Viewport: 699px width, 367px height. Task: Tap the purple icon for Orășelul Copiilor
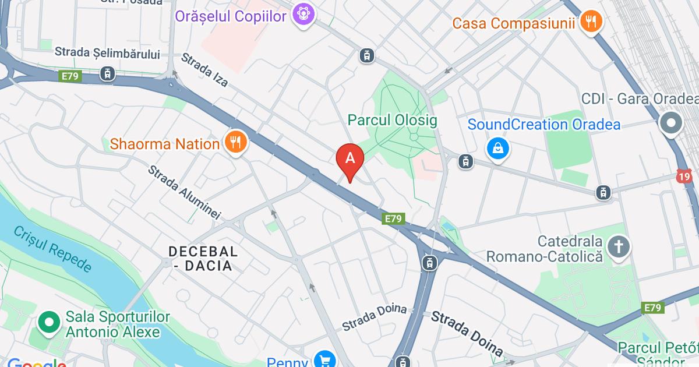[302, 14]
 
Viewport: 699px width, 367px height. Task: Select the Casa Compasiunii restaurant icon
[592, 23]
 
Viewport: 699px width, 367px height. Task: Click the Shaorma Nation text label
[165, 143]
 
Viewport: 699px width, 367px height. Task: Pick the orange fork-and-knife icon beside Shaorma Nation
[235, 143]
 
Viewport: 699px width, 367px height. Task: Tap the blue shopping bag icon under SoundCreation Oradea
[498, 149]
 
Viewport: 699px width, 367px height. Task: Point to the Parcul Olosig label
[392, 121]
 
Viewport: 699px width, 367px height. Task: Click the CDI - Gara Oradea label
[640, 98]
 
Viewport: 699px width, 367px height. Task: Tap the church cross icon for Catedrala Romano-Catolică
[619, 247]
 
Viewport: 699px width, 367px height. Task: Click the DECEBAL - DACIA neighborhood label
[203, 259]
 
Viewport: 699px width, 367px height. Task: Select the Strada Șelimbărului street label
[107, 53]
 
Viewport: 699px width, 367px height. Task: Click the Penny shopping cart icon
[324, 359]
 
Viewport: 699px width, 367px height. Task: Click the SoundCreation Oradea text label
[544, 124]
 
